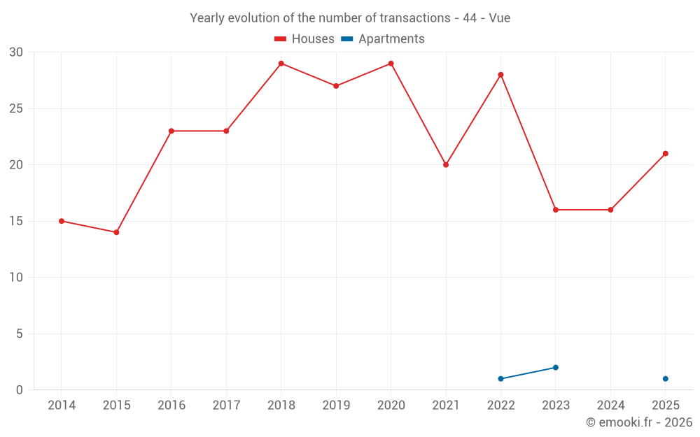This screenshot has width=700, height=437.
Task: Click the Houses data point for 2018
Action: (x=281, y=64)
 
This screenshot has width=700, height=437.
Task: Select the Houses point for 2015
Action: (x=116, y=232)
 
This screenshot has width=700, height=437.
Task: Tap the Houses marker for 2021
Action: (x=446, y=165)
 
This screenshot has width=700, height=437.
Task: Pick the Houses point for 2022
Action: (x=501, y=75)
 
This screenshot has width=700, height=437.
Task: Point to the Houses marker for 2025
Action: (x=666, y=154)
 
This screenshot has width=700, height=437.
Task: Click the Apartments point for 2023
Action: (x=556, y=368)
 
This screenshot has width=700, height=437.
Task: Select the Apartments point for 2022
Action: (x=501, y=378)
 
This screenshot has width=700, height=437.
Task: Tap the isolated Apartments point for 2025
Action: (x=666, y=378)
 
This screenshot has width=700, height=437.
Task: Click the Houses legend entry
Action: (x=304, y=38)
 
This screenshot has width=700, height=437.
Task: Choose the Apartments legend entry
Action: (x=383, y=38)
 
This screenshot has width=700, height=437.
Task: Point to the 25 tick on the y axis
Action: (x=16, y=109)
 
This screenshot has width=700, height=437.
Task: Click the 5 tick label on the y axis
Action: (x=19, y=334)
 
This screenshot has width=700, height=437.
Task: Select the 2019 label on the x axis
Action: (x=336, y=405)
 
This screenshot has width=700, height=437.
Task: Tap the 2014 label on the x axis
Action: (x=62, y=405)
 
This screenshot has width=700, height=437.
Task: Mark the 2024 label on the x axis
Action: (x=610, y=405)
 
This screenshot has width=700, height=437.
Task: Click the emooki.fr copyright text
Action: (x=639, y=422)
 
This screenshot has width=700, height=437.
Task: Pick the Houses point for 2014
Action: (x=62, y=221)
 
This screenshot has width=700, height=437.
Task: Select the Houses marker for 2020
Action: (x=391, y=64)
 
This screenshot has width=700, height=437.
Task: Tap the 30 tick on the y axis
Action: (x=16, y=52)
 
